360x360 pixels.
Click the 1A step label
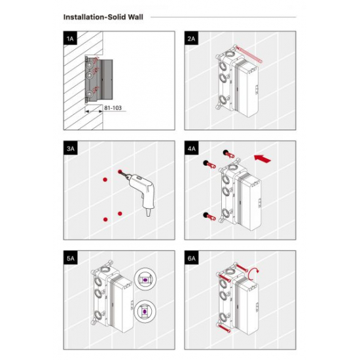tap(70, 39)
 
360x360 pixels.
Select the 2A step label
tap(191, 39)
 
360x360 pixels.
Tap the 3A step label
tap(70, 149)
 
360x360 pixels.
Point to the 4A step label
tap(191, 149)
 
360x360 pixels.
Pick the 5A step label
tap(70, 258)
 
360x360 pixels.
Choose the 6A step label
tap(191, 258)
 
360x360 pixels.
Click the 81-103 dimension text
tap(113, 108)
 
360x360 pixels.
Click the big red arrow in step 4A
tap(262, 158)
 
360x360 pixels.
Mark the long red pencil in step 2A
tap(249, 54)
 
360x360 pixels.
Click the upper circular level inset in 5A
tap(145, 279)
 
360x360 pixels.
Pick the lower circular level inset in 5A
tap(145, 312)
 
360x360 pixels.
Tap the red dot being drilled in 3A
tap(120, 171)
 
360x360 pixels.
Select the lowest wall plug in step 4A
tap(209, 216)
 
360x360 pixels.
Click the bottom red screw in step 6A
tap(224, 328)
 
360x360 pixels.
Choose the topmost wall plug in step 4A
tap(229, 154)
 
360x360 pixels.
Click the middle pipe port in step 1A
tap(89, 75)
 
